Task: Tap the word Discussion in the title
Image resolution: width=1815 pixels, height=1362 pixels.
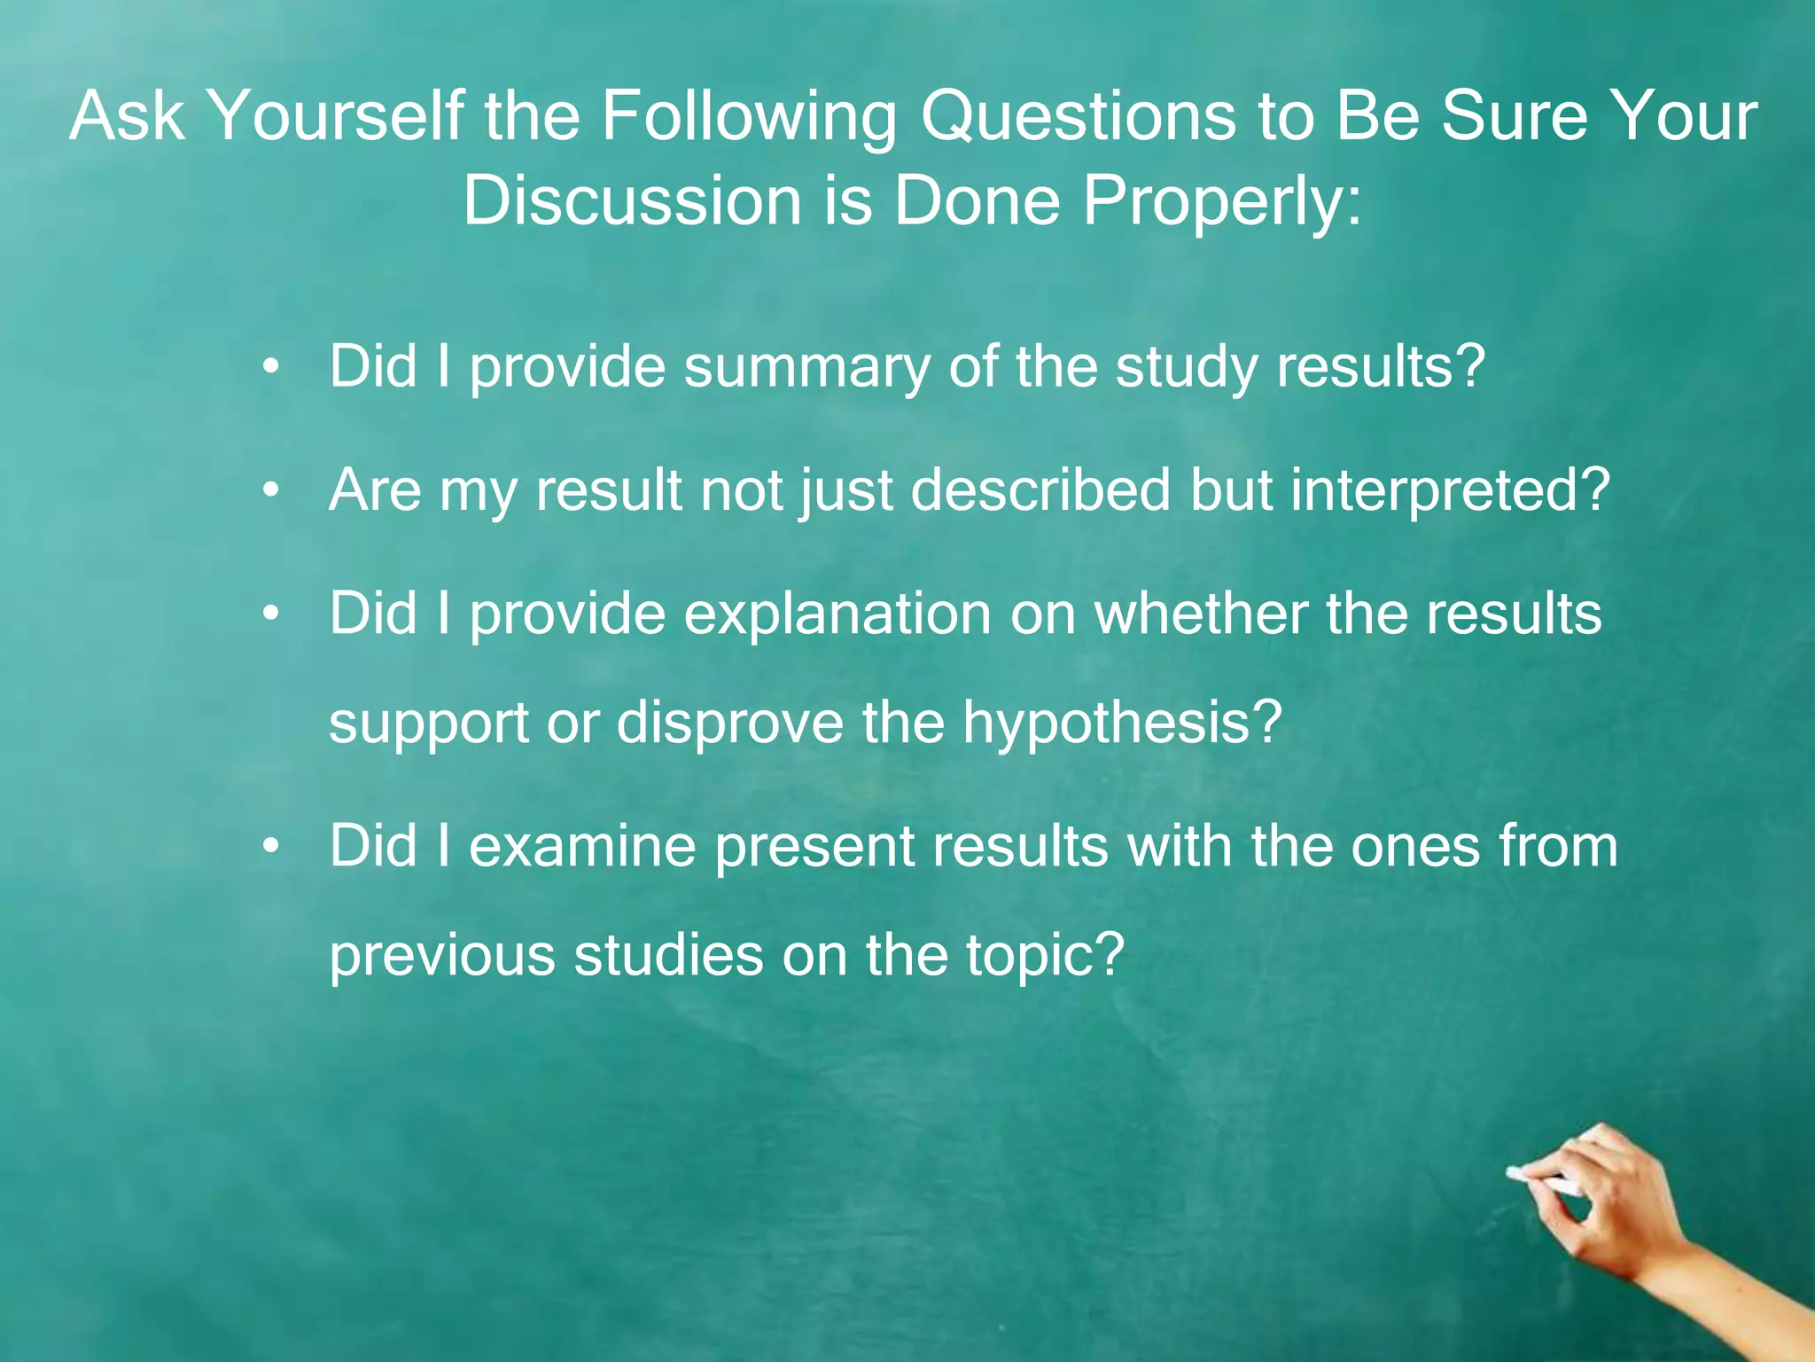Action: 632,201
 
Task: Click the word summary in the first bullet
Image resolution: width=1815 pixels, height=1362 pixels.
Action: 806,367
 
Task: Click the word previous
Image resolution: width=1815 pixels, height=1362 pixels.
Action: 441,956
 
